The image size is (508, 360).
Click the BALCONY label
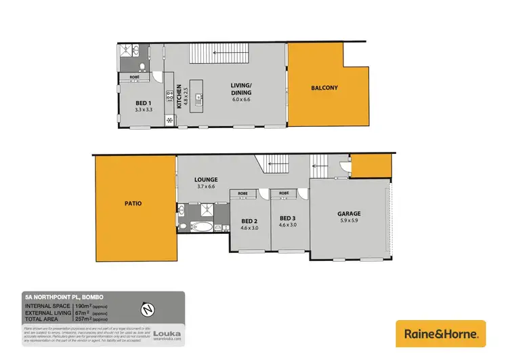324,88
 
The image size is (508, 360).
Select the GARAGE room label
349,214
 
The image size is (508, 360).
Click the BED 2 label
249,221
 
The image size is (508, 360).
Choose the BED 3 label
289,218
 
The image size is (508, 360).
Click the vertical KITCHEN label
179,96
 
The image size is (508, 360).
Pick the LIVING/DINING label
240,88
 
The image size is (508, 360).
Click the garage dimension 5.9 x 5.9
349,221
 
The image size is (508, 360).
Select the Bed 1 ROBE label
135,77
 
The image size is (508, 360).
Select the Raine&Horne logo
440,333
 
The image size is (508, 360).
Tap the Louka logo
166,334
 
